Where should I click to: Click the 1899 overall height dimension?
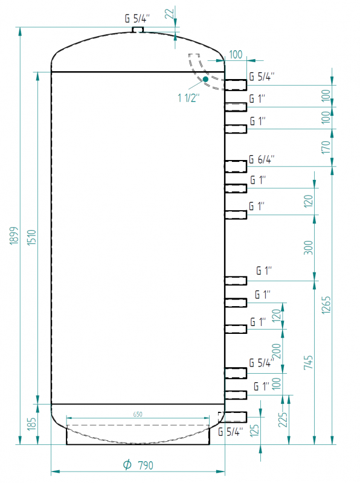coord(14,236)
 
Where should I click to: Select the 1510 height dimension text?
coord(32,237)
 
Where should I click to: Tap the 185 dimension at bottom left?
coord(32,424)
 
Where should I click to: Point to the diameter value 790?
coord(145,465)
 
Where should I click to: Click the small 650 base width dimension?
coord(138,414)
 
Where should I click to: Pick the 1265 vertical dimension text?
coord(326,305)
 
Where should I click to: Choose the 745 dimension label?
coord(308,362)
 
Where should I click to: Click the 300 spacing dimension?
coord(308,248)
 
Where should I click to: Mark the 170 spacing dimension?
coord(326,147)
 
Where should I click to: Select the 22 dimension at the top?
coord(169,13)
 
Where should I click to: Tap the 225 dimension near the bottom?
coord(283,420)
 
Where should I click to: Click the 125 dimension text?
coord(254,431)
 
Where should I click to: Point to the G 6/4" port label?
coord(262,159)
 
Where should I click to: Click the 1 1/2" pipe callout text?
coord(188,98)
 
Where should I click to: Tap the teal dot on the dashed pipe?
coord(205,79)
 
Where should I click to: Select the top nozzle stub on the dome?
coord(138,30)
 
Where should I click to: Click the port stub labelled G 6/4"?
coord(236,167)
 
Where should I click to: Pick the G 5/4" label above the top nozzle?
coord(137,19)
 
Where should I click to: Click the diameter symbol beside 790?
coord(127,464)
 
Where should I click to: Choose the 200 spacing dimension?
coord(277,351)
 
